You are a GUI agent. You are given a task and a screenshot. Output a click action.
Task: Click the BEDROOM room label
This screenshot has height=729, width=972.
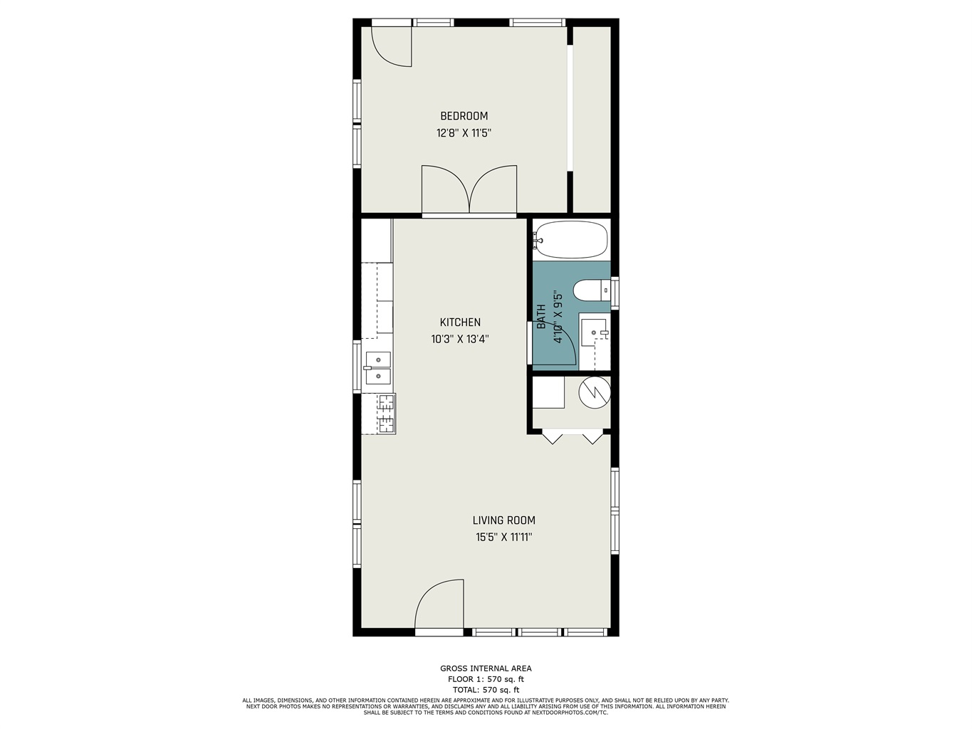click(x=464, y=116)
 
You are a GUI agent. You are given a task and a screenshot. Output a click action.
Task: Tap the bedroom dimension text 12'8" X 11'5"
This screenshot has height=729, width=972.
click(x=464, y=133)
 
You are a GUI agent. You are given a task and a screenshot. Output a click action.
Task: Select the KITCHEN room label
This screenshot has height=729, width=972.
click(x=459, y=322)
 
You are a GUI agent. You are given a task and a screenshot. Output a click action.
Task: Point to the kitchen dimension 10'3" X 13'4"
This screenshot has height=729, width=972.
click(x=459, y=339)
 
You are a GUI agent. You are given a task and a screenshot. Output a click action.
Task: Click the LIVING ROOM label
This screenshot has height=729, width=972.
click(x=503, y=520)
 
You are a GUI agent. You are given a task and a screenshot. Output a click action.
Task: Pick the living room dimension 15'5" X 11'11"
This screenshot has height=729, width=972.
click(x=503, y=537)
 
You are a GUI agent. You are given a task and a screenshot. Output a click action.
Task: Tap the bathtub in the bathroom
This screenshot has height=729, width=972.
click(x=570, y=239)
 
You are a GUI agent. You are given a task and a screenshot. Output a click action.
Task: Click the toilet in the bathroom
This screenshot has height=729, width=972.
click(x=592, y=290)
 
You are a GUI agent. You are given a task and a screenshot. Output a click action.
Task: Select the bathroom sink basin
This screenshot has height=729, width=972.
click(x=593, y=332)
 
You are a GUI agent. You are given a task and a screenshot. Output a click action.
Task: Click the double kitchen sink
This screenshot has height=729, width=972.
click(x=378, y=368)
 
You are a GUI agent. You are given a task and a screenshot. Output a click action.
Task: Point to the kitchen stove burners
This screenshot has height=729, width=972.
click(x=386, y=414)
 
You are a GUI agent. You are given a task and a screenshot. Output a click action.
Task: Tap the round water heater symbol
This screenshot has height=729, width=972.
click(x=595, y=392)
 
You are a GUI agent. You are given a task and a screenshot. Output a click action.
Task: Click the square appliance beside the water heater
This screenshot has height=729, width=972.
click(x=548, y=392)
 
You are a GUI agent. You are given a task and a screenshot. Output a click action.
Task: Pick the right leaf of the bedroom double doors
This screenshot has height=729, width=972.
click(x=493, y=189)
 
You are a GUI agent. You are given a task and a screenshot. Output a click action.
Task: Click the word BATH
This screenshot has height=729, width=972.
click(x=541, y=317)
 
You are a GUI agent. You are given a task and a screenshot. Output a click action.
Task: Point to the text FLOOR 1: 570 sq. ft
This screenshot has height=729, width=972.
click(x=486, y=679)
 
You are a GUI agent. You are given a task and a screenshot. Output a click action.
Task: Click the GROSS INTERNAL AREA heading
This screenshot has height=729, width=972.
click(x=486, y=668)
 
